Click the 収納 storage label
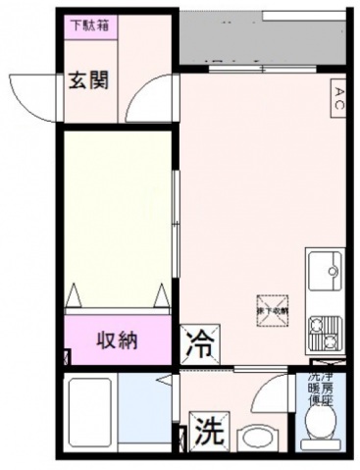[115, 341]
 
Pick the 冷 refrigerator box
[199, 344]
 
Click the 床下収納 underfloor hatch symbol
[270, 308]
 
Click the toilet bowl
[320, 425]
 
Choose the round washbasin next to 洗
[257, 439]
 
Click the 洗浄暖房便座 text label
[321, 388]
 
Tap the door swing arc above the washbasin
[268, 392]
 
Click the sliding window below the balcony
[235, 69]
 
